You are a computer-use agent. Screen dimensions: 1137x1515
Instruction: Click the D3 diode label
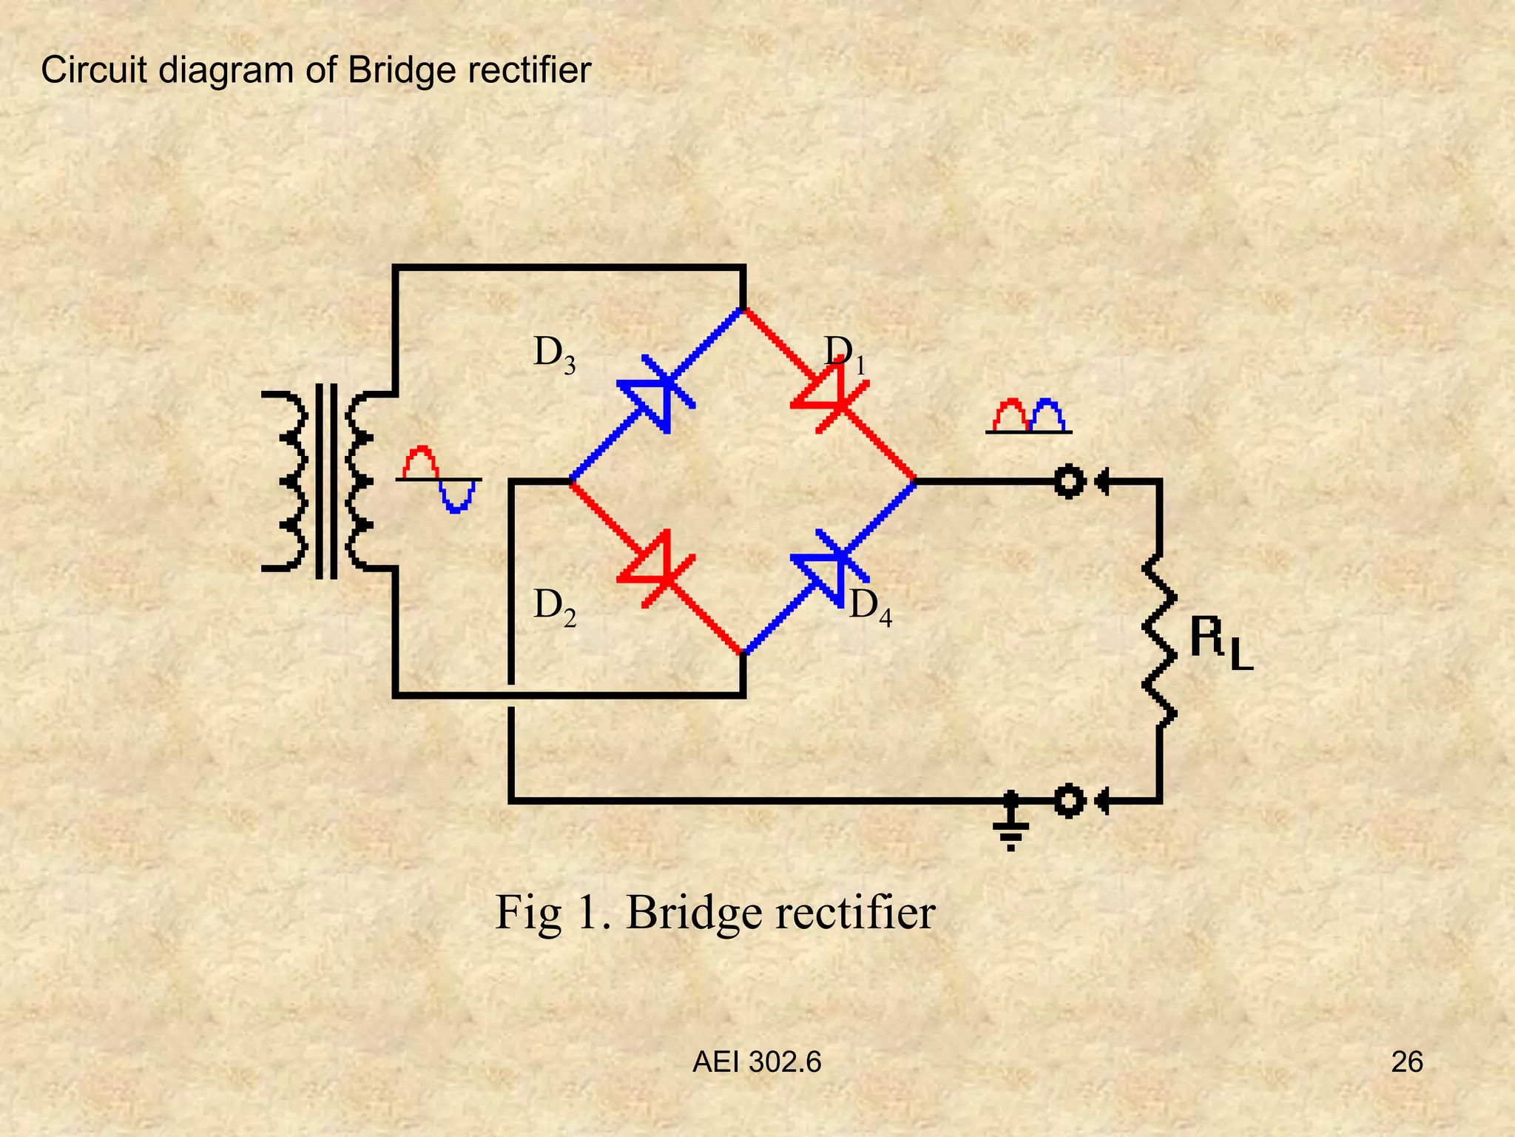pyautogui.click(x=554, y=354)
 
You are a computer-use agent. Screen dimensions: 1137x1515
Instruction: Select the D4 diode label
pyautogui.click(x=870, y=607)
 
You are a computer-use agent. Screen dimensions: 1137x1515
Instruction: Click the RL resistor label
pyautogui.click(x=1221, y=644)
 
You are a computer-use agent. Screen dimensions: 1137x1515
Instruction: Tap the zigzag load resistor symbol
pyautogui.click(x=1159, y=640)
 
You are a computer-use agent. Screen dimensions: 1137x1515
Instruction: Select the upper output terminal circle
pyautogui.click(x=1069, y=481)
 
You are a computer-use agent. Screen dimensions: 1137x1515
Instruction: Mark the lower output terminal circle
pyautogui.click(x=1069, y=801)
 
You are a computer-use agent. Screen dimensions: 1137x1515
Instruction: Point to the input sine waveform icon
pyautogui.click(x=439, y=480)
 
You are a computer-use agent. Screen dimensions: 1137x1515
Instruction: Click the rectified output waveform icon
pyautogui.click(x=1028, y=416)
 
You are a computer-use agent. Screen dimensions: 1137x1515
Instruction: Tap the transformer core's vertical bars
pyautogui.click(x=326, y=481)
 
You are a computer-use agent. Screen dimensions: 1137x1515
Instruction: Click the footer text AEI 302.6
pyautogui.click(x=756, y=1062)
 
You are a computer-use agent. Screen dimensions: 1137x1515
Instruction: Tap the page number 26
pyautogui.click(x=1406, y=1062)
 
